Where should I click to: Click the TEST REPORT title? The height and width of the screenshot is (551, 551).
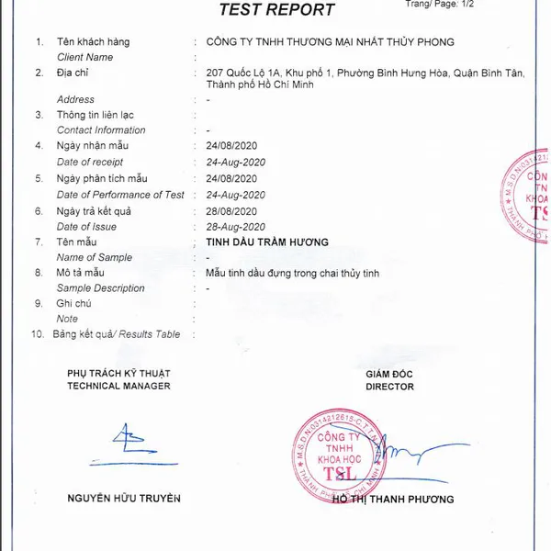click(276, 10)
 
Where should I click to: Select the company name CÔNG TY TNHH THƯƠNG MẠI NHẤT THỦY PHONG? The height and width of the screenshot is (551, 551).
click(331, 42)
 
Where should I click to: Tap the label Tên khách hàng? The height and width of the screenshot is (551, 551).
click(93, 42)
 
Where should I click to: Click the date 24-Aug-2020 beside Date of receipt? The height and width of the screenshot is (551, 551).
click(236, 163)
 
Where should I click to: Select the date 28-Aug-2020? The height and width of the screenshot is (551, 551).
click(236, 227)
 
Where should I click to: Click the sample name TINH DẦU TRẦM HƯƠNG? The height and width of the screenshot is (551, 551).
click(267, 242)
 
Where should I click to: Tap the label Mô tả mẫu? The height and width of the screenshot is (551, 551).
click(81, 274)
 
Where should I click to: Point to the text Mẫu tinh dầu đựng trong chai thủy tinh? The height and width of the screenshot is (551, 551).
click(292, 274)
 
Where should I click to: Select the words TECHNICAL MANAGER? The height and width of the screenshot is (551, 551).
click(118, 387)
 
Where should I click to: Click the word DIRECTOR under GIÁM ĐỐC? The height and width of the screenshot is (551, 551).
click(389, 387)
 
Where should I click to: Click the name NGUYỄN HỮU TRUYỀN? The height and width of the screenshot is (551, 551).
click(124, 499)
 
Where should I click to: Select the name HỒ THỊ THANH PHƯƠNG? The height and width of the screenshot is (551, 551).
click(393, 500)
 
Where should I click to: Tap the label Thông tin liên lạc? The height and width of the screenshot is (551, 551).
click(96, 115)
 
